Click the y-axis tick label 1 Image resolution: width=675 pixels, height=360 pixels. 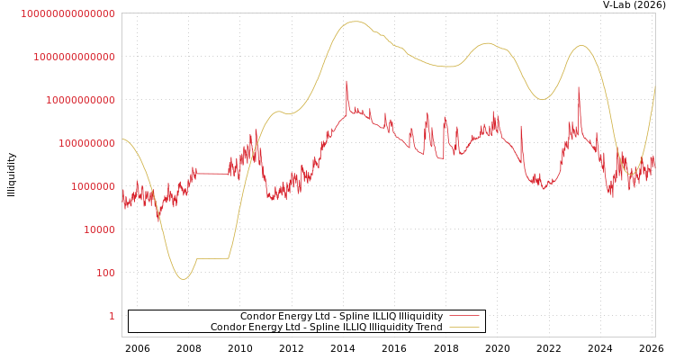coord(112,316)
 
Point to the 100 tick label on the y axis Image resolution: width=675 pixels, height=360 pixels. coord(105,273)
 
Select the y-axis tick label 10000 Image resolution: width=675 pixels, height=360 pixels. coord(99,229)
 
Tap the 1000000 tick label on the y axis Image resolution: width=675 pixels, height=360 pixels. coord(93,186)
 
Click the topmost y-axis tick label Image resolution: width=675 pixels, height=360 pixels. coord(67,13)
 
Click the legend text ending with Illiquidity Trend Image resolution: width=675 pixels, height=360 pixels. coord(326,328)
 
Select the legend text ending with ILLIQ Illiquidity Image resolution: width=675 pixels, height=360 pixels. coord(341,317)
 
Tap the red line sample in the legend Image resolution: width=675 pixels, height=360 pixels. coord(463,317)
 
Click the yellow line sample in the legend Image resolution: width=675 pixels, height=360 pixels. coord(463,328)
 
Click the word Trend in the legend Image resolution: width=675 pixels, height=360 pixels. coord(428,328)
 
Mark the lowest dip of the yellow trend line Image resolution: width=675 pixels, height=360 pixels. coord(183,279)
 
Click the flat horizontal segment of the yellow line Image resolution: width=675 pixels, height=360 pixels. coord(212,258)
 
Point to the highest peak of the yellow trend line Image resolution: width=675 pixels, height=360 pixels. coord(355,22)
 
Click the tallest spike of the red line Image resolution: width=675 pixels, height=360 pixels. coord(346,82)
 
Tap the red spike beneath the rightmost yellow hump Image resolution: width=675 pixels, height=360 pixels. coord(579,88)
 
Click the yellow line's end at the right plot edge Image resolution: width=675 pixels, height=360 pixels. coord(654,86)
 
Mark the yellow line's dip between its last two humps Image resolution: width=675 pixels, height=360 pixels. coord(542,99)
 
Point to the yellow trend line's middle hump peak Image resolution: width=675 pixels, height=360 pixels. coord(488,43)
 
